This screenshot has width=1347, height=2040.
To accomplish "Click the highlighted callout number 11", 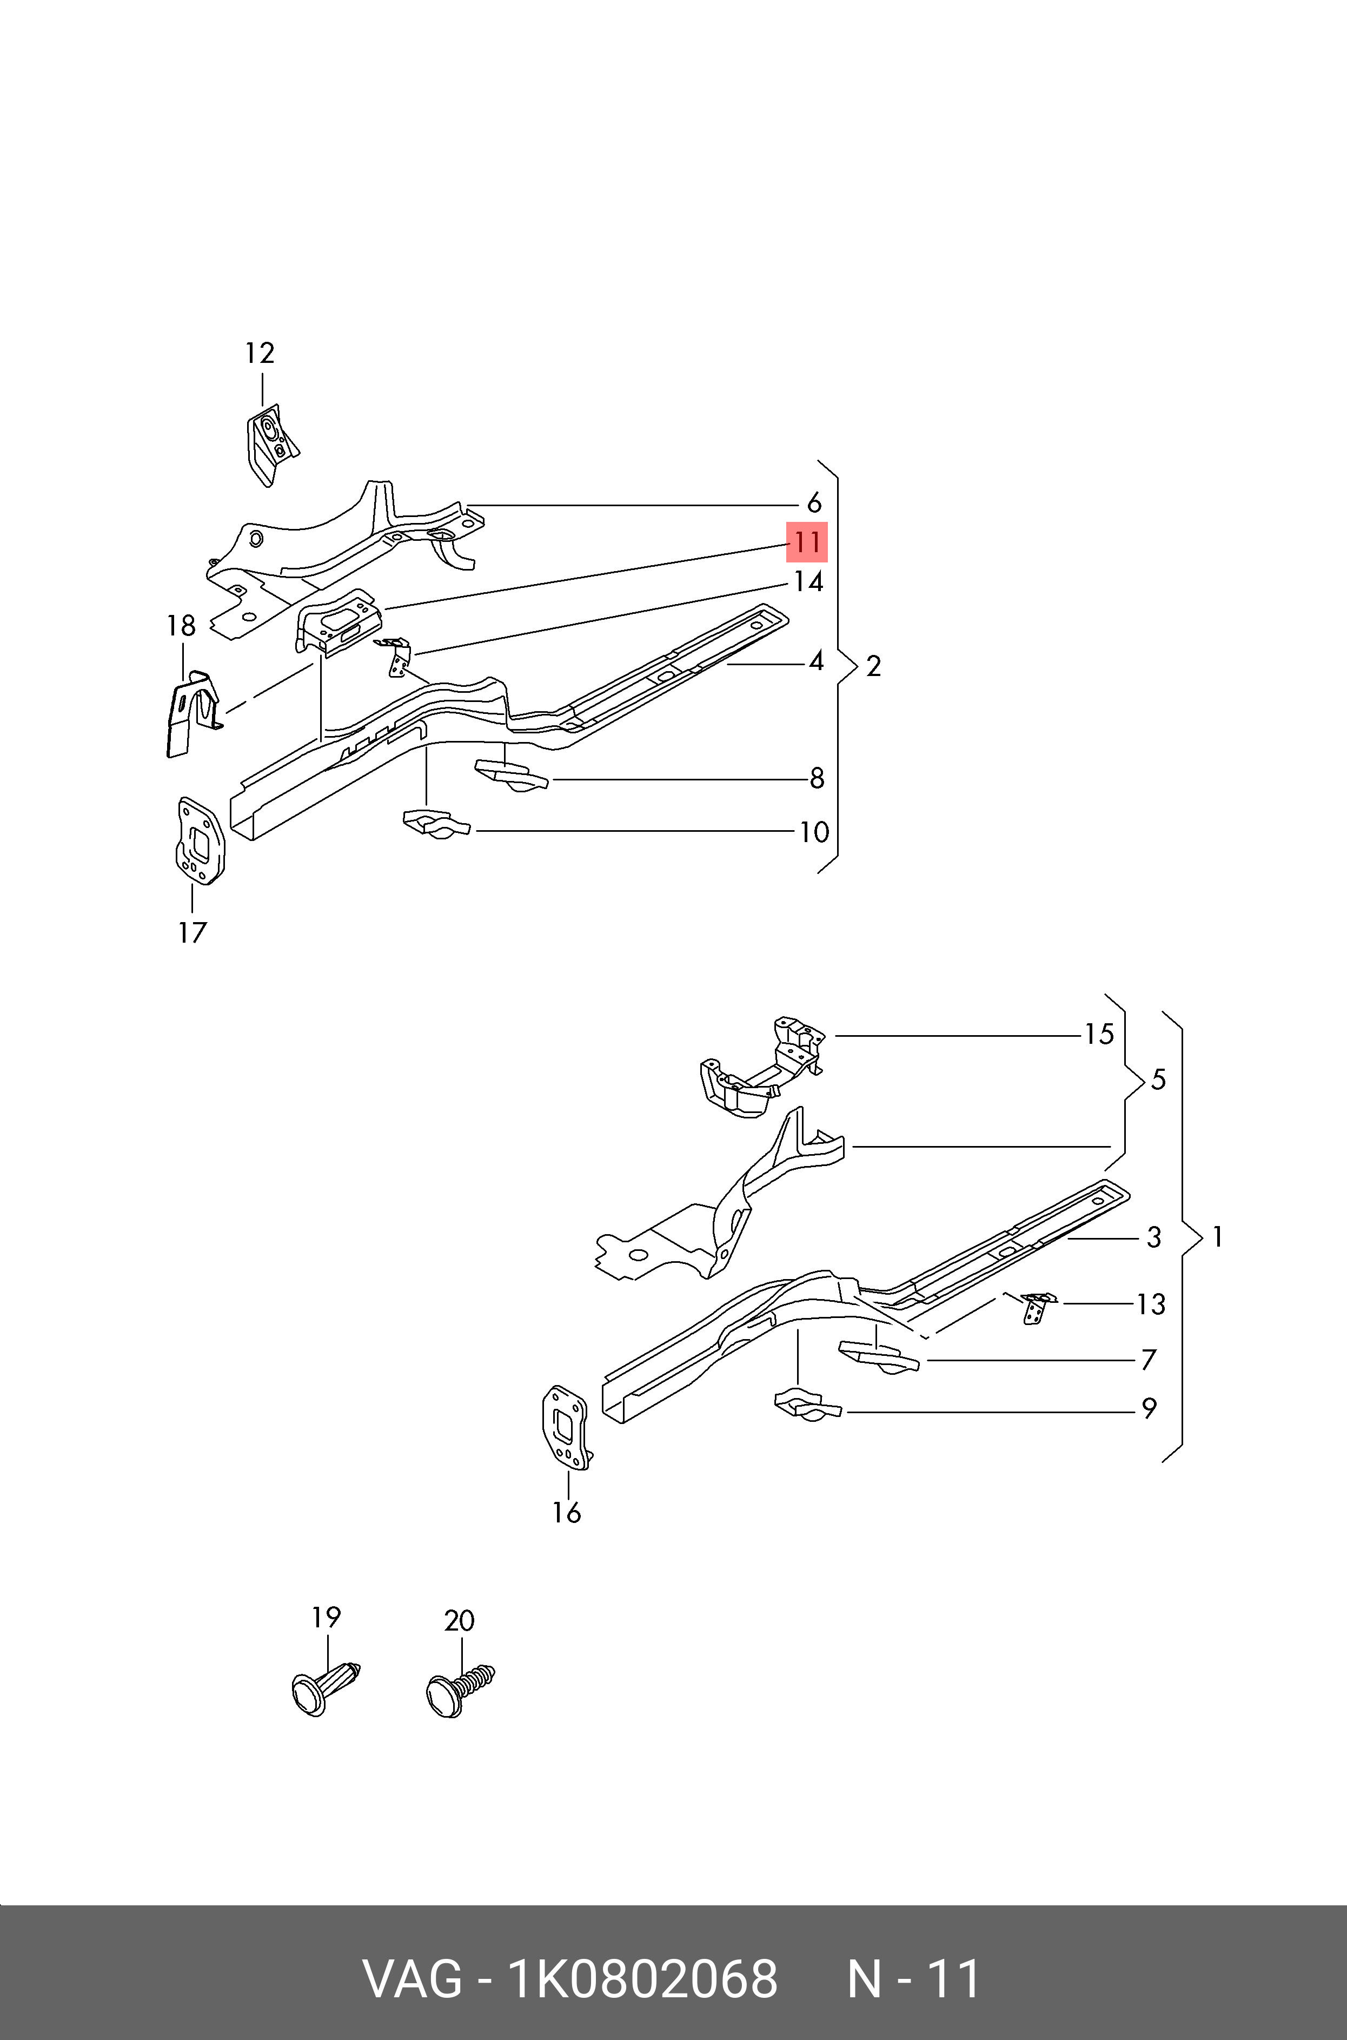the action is [807, 542].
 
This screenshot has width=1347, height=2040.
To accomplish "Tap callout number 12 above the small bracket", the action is [260, 353].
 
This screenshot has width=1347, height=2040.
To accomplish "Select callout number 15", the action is [1099, 1034].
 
